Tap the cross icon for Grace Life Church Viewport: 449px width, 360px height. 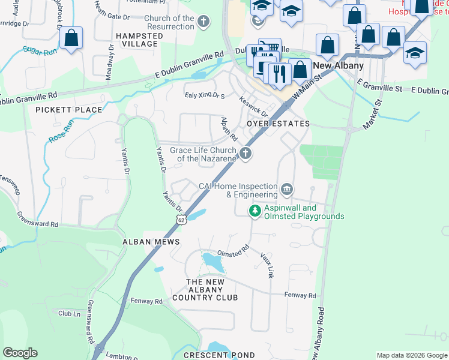(245, 154)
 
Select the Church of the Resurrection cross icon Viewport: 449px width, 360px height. (203, 23)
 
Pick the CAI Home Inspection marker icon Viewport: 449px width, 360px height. (287, 190)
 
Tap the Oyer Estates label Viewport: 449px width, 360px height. (279, 124)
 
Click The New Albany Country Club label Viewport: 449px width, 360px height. (205, 290)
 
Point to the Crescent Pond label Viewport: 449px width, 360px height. (211, 355)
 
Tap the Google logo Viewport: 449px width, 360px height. (20, 353)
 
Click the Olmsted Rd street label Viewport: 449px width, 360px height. (233, 249)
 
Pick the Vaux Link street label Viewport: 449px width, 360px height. (267, 264)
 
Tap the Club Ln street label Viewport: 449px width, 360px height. (69, 313)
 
